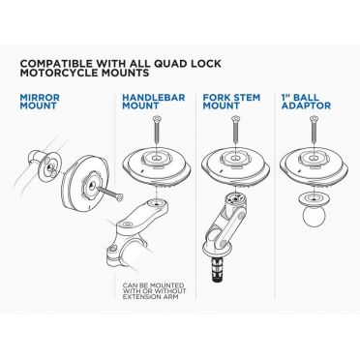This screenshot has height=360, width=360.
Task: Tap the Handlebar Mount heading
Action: click(151, 104)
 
